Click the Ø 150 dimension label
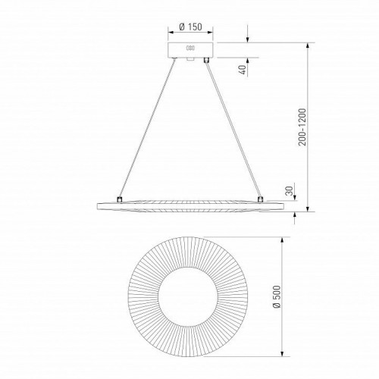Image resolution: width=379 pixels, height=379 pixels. [190, 27]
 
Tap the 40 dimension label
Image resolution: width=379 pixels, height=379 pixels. [242, 70]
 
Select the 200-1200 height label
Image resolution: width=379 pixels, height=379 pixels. [302, 127]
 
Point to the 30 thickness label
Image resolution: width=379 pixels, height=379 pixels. [289, 191]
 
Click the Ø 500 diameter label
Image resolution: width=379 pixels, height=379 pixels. [277, 296]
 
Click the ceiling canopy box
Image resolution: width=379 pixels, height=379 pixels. [190, 50]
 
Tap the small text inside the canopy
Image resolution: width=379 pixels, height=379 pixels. [190, 48]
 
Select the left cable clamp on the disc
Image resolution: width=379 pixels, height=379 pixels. [119, 199]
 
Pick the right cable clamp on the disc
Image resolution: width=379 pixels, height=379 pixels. [260, 199]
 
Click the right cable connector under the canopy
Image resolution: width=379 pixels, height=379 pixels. [206, 60]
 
